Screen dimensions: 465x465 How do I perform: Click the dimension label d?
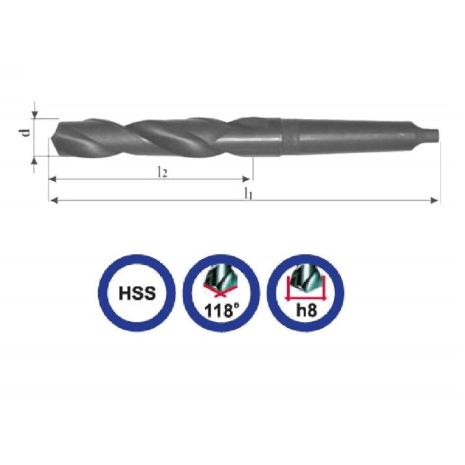[x=27, y=132]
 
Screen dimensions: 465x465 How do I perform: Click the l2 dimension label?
[x=163, y=172]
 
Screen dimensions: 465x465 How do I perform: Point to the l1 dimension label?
[x=248, y=194]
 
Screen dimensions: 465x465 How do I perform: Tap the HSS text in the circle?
[x=137, y=293]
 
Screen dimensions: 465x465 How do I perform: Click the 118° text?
[x=222, y=310]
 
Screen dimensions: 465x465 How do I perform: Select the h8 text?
[x=306, y=310]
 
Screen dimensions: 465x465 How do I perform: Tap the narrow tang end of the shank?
[x=432, y=135]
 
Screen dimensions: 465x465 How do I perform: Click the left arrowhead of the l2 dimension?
[x=53, y=179]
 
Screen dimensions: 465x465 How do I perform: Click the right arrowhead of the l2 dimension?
[x=246, y=179]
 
